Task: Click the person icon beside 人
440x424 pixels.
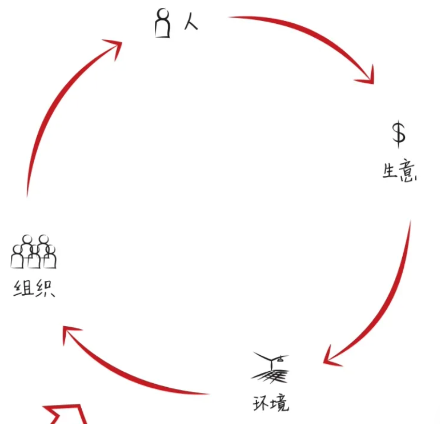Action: pyautogui.click(x=163, y=24)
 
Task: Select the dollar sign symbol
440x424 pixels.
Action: pyautogui.click(x=399, y=133)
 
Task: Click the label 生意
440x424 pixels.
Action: pyautogui.click(x=400, y=172)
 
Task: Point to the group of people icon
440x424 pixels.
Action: pyautogui.click(x=33, y=252)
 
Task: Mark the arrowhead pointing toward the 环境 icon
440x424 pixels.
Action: pyautogui.click(x=331, y=357)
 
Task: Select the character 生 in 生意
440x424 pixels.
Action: pyautogui.click(x=390, y=172)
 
